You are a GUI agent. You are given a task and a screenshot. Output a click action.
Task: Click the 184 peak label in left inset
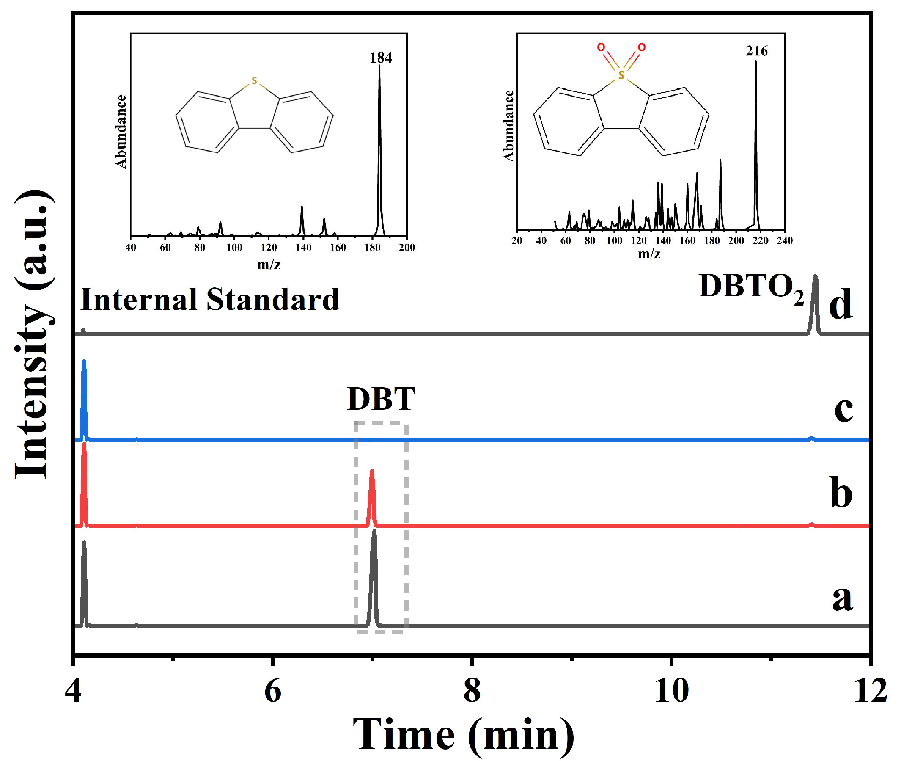click(380, 58)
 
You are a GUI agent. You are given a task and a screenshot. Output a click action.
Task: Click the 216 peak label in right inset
click(757, 51)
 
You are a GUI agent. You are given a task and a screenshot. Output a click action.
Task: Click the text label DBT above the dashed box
click(381, 399)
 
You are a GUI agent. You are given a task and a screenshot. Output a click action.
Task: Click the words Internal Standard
click(209, 299)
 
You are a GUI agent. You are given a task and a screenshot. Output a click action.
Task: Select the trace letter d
click(840, 305)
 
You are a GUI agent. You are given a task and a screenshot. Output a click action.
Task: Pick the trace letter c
click(843, 409)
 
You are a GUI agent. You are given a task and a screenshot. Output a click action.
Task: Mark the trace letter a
click(842, 599)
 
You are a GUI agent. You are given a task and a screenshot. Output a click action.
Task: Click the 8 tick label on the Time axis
click(472, 690)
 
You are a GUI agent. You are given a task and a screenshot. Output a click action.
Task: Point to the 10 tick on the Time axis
click(671, 690)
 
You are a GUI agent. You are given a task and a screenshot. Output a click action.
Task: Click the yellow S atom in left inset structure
click(254, 81)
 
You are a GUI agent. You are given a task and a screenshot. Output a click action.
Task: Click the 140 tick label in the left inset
click(303, 247)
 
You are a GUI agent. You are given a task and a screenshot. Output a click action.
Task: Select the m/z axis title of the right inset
click(649, 254)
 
